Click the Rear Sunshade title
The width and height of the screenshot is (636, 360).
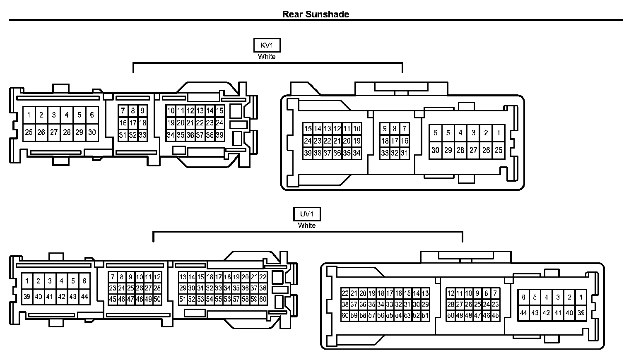(316, 14)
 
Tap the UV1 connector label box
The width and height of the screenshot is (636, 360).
(307, 214)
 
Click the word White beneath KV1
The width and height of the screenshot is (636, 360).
(267, 57)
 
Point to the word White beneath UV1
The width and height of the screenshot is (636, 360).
(307, 226)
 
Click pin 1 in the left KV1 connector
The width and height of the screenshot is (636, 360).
(29, 115)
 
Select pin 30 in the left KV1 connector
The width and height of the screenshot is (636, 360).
(92, 132)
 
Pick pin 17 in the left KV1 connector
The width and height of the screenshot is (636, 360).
(132, 123)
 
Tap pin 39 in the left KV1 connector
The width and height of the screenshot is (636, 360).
(219, 135)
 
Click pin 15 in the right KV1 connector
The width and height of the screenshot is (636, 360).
(308, 129)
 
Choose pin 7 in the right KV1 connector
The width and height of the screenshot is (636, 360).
(404, 129)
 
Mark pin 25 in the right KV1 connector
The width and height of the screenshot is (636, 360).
(499, 150)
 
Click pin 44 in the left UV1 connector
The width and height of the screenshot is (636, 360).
(84, 297)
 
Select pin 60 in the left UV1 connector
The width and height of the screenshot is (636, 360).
(263, 299)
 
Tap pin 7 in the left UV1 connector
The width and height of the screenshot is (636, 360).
(113, 277)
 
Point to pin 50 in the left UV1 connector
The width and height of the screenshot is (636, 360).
(157, 299)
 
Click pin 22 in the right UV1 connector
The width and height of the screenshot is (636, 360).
(345, 293)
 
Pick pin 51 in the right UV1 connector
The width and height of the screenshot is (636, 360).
(425, 315)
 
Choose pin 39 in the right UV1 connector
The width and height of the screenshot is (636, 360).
(581, 313)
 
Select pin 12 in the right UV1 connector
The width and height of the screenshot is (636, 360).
(450, 293)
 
